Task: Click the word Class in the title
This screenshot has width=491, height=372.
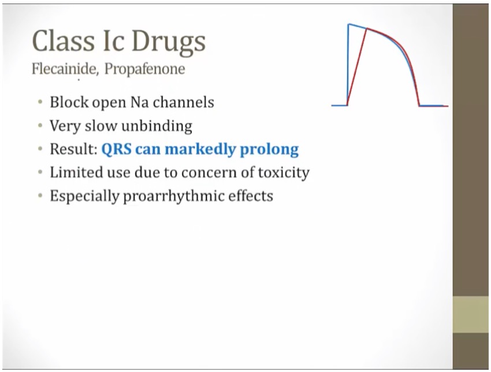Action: coord(64,40)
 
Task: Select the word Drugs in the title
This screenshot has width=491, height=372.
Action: coord(169,43)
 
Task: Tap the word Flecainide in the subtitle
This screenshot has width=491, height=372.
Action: coord(65,69)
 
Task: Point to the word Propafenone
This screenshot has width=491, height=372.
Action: coord(144,69)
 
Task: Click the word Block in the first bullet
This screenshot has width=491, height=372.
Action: coord(69,102)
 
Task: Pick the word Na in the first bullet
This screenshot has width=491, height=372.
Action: coord(139,102)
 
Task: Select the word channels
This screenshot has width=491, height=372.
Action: coord(184,102)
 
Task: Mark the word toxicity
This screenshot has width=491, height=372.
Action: coord(284,173)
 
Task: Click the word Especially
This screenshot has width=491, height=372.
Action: coord(84,196)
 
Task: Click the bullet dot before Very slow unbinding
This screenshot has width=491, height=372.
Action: coord(40,126)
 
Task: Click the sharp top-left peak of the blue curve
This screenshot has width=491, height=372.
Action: coord(349,24)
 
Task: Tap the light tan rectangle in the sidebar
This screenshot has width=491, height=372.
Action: coord(471,315)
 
